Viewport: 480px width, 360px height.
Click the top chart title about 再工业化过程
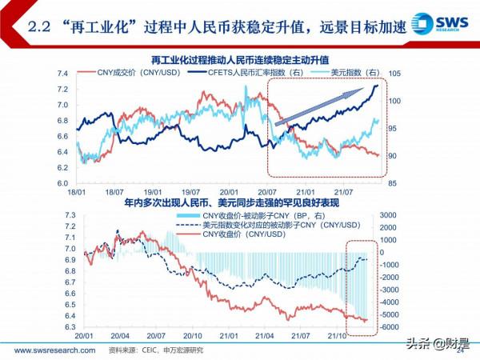[x=241, y=60]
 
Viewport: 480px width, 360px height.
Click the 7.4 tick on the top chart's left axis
[x=62, y=74]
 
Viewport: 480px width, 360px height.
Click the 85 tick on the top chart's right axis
[x=393, y=183]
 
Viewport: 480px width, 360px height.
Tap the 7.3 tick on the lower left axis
[x=69, y=216]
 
